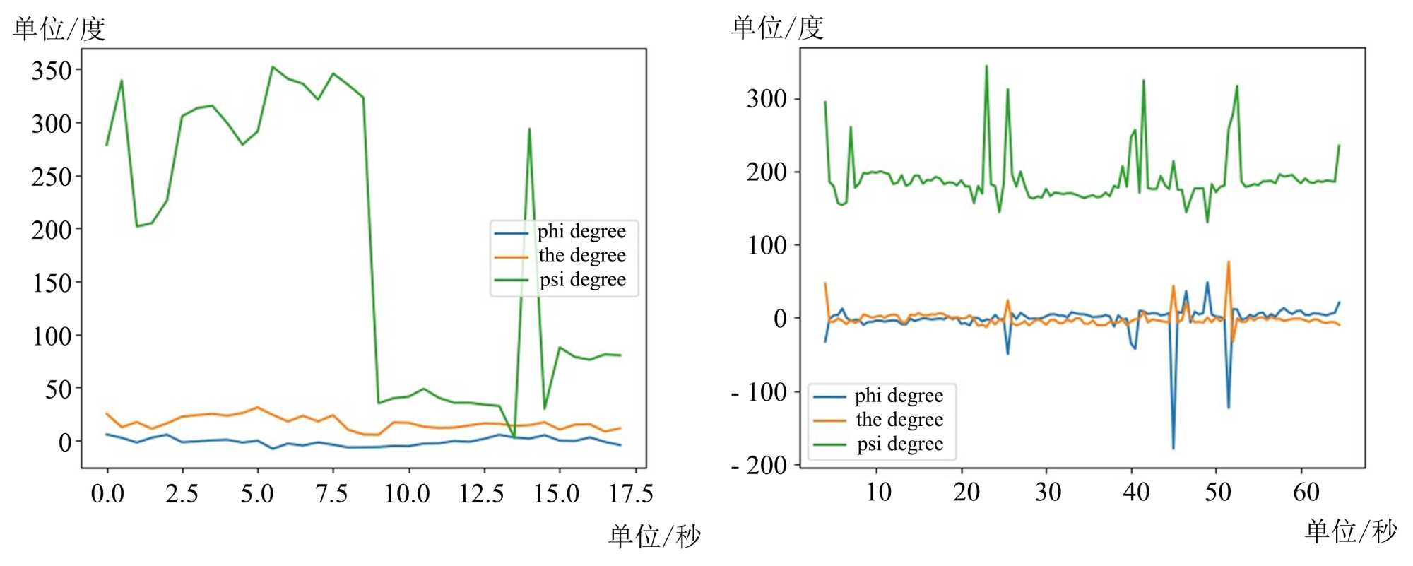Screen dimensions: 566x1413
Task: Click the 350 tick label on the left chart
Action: pos(52,71)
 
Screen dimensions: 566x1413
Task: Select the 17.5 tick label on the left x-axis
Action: pos(630,493)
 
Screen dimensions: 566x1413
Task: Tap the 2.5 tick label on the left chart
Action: pos(182,493)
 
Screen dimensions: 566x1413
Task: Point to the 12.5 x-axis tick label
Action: pos(481,493)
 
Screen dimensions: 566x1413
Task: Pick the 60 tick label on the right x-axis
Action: pos(1306,492)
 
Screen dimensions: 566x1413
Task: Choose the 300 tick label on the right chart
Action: pos(767,99)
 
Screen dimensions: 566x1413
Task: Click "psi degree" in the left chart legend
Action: pos(582,280)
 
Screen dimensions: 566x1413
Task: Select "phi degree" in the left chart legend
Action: pos(581,232)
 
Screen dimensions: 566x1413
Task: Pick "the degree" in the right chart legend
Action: pos(899,420)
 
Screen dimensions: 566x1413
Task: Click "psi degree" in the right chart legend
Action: pos(900,444)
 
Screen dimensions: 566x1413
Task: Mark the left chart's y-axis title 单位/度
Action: pos(59,29)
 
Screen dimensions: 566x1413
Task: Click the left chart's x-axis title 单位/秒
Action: pos(654,536)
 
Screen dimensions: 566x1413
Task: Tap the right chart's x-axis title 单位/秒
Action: pos(1351,531)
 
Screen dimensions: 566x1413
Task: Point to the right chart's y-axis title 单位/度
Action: pos(777,28)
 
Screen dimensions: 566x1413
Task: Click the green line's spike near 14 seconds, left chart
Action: pos(529,129)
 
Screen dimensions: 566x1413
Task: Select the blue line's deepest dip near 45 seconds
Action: pos(1173,448)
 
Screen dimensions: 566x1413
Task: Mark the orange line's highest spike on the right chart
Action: pos(1229,262)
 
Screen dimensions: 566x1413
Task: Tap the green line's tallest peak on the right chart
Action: pos(986,66)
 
